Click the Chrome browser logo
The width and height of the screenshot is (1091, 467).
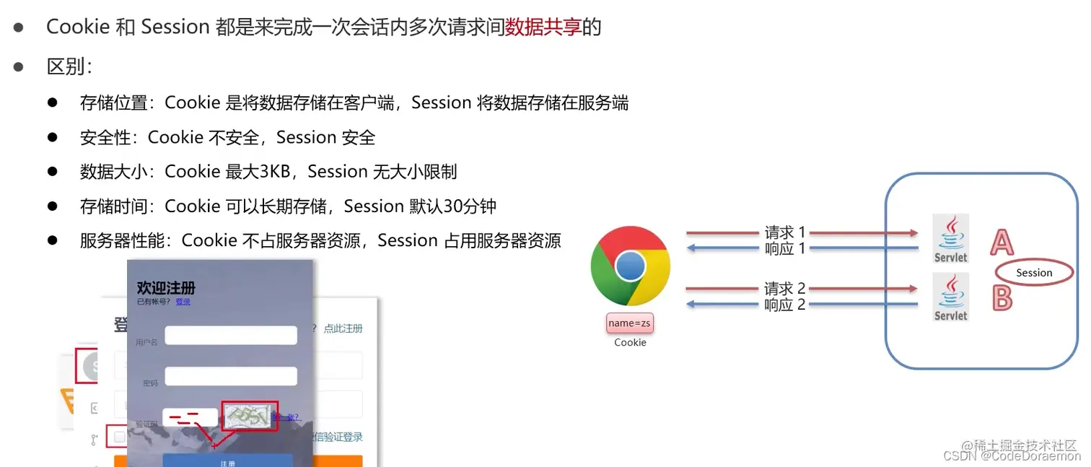tap(630, 267)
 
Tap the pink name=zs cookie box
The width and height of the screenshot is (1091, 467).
tap(630, 323)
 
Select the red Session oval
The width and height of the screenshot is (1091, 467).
tap(1034, 273)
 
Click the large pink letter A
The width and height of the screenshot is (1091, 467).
tap(1002, 243)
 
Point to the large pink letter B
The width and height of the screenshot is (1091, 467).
tap(1002, 297)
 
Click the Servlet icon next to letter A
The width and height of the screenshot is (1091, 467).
tap(950, 238)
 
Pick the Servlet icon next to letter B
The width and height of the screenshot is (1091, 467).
tap(950, 297)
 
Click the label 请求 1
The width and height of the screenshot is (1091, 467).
tap(784, 232)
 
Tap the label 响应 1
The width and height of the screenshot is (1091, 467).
tap(784, 249)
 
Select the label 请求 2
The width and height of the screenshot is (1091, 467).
tap(784, 289)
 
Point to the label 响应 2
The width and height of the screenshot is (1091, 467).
tap(784, 305)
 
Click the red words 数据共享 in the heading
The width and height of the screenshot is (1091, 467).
tap(543, 27)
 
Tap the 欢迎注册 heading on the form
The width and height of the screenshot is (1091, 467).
tap(166, 288)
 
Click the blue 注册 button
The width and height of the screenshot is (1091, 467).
tap(227, 462)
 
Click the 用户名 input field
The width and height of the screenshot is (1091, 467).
tap(231, 336)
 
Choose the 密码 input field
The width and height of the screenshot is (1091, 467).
tap(231, 376)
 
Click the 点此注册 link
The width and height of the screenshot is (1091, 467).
tap(343, 328)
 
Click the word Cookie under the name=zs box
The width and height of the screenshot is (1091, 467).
tap(630, 343)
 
